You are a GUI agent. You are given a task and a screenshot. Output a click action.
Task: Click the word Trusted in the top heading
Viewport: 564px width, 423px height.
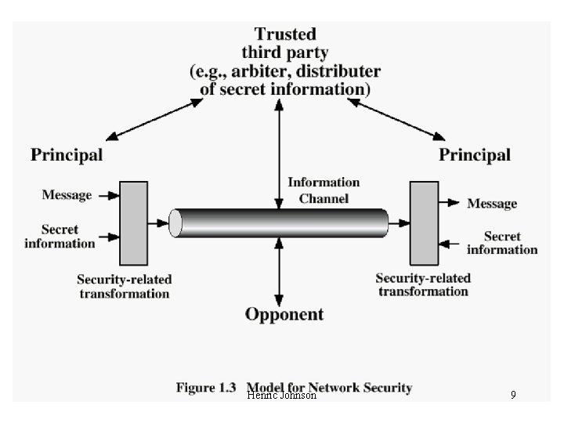[285, 34]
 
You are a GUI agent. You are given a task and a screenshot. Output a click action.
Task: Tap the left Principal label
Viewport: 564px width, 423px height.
[67, 154]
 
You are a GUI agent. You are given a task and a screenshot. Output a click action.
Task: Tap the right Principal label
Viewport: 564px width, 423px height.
[475, 154]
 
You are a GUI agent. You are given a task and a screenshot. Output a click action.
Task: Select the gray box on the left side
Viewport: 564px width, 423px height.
[133, 223]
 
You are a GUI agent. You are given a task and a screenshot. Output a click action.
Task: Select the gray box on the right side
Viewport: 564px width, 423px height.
[424, 223]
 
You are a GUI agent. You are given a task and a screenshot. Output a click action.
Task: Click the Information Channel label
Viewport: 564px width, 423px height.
[324, 190]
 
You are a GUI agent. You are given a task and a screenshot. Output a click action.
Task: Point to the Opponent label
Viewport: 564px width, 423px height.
[284, 315]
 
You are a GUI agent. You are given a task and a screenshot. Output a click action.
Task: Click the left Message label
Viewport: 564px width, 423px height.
[67, 194]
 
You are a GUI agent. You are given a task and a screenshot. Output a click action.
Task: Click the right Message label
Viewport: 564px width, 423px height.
[492, 204]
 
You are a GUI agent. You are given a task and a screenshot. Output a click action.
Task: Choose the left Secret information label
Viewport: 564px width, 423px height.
[60, 236]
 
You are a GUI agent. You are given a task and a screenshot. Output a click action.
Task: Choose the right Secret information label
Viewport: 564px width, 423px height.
[502, 242]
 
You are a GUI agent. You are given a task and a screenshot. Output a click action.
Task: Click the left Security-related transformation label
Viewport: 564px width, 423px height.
[124, 286]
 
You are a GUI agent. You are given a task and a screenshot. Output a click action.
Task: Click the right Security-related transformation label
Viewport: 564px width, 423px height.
[423, 284]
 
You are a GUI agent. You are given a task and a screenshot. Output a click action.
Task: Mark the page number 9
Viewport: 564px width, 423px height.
[513, 396]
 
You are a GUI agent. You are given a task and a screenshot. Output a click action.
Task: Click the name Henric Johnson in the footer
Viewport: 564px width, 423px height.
[282, 396]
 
